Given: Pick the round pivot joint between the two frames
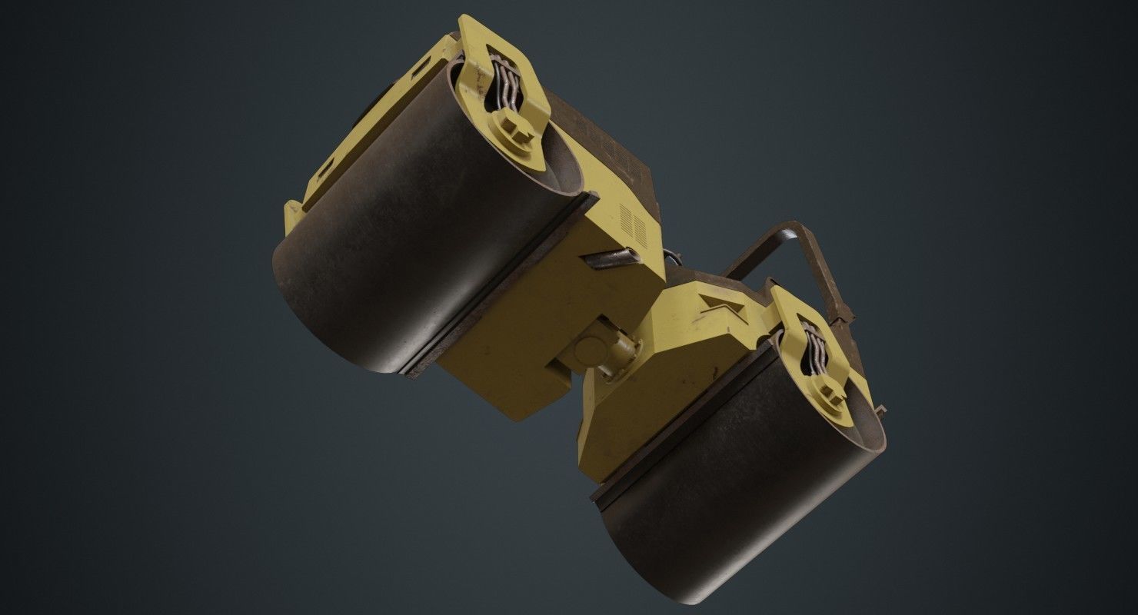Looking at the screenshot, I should pos(589,351).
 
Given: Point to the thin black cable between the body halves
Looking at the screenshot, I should pos(670,258).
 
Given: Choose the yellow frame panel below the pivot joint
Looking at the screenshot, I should pos(615,415).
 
